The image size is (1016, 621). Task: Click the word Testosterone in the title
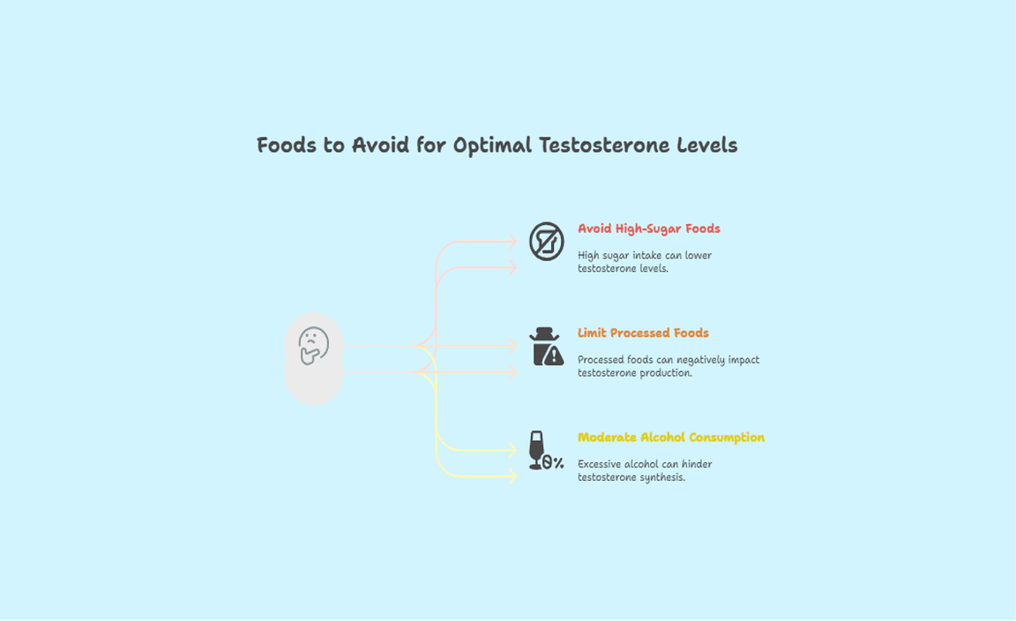(613, 146)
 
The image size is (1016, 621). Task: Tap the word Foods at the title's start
(288, 146)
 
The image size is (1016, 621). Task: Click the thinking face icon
(313, 346)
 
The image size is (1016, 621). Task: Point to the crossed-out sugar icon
(546, 241)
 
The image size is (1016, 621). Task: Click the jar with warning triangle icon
(546, 347)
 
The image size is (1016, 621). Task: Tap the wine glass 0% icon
(545, 451)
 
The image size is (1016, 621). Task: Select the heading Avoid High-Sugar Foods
(648, 229)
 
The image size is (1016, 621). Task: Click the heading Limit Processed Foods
(643, 333)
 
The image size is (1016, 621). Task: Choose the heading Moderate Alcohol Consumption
(670, 438)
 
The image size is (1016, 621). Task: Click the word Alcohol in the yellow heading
(659, 438)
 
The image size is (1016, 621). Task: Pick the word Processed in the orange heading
(641, 333)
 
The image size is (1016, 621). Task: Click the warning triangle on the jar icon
(553, 355)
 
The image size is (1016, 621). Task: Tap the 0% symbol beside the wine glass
(553, 462)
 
